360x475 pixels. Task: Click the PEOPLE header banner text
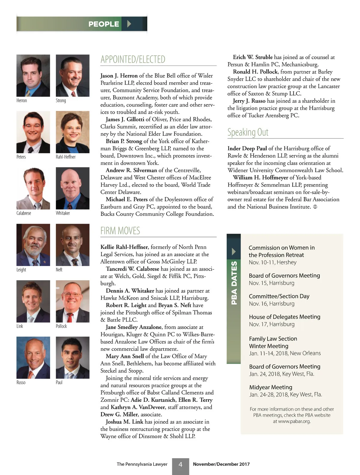pyautogui.click(x=103, y=24)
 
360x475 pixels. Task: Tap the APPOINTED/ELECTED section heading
pyautogui.click(x=133, y=59)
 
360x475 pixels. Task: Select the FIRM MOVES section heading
pyautogui.click(x=120, y=231)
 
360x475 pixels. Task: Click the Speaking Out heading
pyautogui.click(x=248, y=132)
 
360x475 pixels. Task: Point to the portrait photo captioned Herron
pyautogui.click(x=33, y=75)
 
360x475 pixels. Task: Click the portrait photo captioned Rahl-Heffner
pyautogui.click(x=73, y=132)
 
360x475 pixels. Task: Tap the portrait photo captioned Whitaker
pyautogui.click(x=73, y=188)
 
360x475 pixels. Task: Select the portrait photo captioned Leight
pyautogui.click(x=33, y=245)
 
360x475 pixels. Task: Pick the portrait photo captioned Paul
pyautogui.click(x=73, y=358)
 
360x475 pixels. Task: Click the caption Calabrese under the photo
pyautogui.click(x=24, y=213)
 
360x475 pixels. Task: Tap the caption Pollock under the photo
pyautogui.click(x=61, y=326)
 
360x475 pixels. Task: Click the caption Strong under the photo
pyautogui.click(x=61, y=101)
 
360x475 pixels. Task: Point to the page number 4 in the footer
pyautogui.click(x=180, y=464)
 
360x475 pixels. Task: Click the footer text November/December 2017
pyautogui.click(x=221, y=464)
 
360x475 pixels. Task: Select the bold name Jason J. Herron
pyautogui.click(x=119, y=76)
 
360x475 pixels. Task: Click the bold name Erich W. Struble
pyautogui.click(x=253, y=57)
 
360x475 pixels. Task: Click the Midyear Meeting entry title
pyautogui.click(x=271, y=387)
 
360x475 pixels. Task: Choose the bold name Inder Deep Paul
pyautogui.click(x=247, y=148)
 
